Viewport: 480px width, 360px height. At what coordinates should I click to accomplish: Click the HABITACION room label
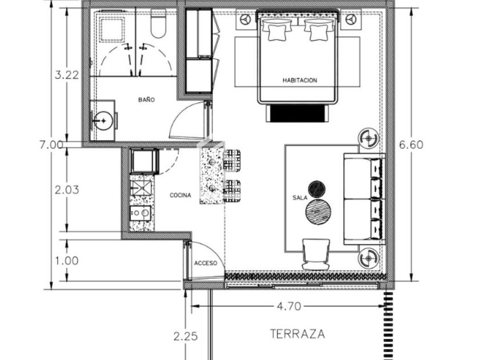click(299, 81)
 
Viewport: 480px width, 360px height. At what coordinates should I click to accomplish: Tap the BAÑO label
click(146, 100)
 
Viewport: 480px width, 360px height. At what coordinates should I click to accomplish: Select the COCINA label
click(181, 195)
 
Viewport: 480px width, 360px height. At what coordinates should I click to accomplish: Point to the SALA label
click(299, 198)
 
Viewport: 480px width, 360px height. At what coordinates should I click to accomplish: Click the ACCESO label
click(205, 263)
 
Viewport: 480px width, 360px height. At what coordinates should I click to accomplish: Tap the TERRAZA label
click(297, 334)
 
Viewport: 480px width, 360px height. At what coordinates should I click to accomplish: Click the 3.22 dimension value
click(67, 75)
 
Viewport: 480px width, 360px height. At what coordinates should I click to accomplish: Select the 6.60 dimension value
click(411, 145)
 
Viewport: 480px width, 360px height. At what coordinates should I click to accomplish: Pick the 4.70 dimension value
click(289, 306)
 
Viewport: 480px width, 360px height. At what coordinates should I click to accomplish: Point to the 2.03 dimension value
click(67, 190)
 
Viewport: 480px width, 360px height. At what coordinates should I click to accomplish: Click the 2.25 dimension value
click(186, 337)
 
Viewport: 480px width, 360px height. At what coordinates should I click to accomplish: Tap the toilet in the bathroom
click(158, 23)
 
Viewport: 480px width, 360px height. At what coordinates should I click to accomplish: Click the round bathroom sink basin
click(103, 121)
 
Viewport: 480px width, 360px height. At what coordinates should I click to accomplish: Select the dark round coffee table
click(317, 190)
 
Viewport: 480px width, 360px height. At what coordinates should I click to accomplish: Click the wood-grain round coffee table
click(318, 211)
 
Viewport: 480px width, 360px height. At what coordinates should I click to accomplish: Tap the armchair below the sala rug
click(316, 254)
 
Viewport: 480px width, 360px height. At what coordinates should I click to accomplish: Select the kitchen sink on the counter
click(141, 188)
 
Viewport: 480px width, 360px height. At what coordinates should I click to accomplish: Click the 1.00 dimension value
click(67, 261)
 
